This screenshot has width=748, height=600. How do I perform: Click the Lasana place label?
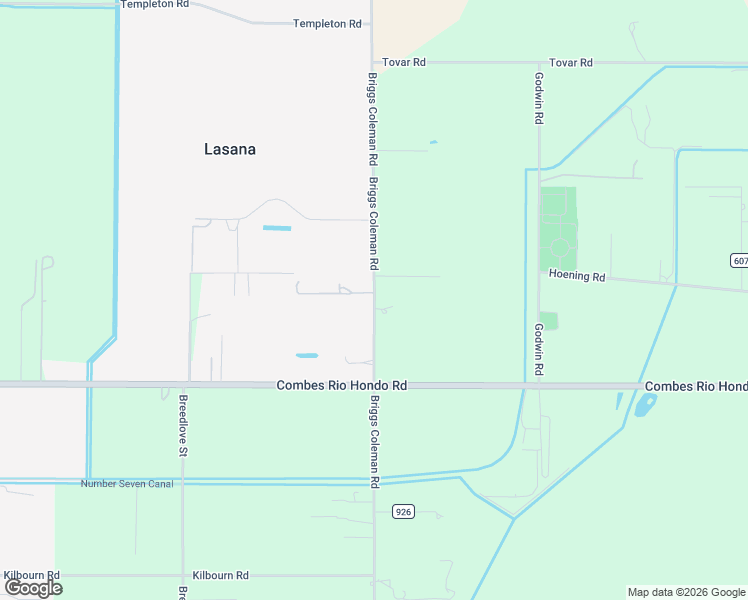click(230, 149)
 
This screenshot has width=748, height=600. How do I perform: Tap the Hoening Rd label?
click(577, 276)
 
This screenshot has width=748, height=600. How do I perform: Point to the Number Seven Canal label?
click(127, 484)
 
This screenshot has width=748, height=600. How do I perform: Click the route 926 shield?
click(403, 511)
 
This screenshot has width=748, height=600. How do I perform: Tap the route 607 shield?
click(739, 260)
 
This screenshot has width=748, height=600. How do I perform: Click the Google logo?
click(33, 588)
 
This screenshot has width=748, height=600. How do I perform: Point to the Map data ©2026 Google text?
click(686, 592)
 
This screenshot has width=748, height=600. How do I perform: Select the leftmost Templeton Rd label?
click(154, 5)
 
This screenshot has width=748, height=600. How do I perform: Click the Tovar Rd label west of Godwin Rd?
click(404, 62)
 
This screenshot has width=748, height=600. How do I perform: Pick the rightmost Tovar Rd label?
click(571, 62)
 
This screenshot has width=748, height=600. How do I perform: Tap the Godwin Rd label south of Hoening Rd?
click(538, 349)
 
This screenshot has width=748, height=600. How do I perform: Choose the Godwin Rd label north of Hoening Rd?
click(538, 98)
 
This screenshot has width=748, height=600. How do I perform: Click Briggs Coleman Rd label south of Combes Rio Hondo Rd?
click(374, 441)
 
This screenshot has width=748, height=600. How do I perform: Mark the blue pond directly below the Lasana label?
click(277, 228)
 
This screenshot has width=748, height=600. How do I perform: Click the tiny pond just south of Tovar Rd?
click(433, 142)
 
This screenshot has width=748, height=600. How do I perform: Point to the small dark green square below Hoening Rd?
click(548, 321)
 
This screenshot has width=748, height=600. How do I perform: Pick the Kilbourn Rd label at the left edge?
click(32, 575)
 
